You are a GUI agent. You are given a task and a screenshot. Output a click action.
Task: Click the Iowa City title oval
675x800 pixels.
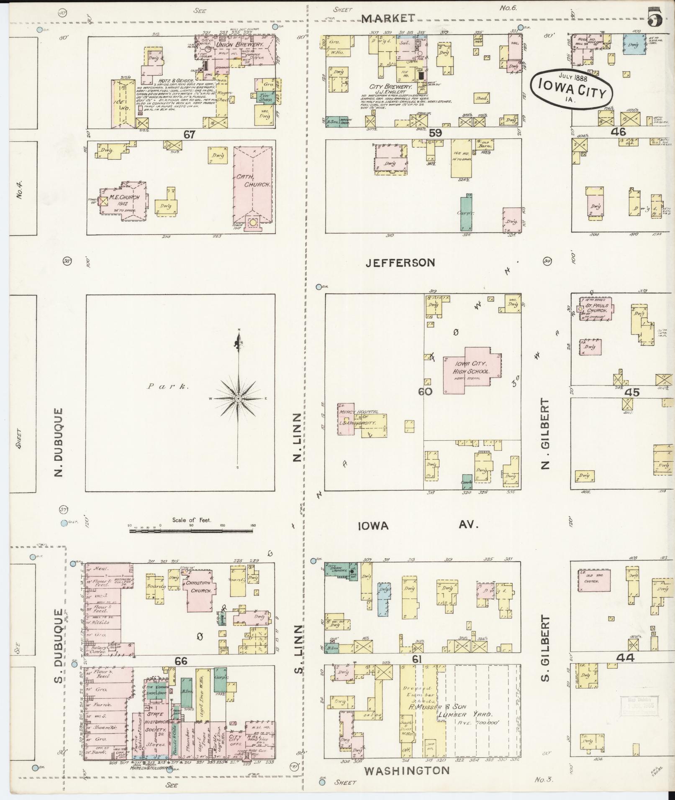tap(571, 89)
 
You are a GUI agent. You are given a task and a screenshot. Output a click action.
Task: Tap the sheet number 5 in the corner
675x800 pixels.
tap(654, 18)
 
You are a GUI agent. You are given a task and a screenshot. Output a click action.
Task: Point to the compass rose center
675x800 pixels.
tap(238, 398)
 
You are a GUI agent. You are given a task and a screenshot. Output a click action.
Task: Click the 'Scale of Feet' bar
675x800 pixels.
tap(191, 531)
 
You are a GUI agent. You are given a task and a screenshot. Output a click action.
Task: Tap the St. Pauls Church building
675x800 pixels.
tap(596, 309)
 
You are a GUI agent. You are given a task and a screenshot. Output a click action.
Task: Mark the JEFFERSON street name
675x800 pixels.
tap(400, 263)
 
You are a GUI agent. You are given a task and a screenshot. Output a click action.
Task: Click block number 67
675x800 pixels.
tap(189, 134)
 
